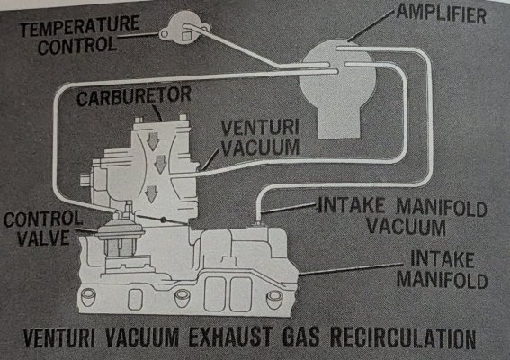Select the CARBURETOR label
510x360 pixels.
117,94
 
